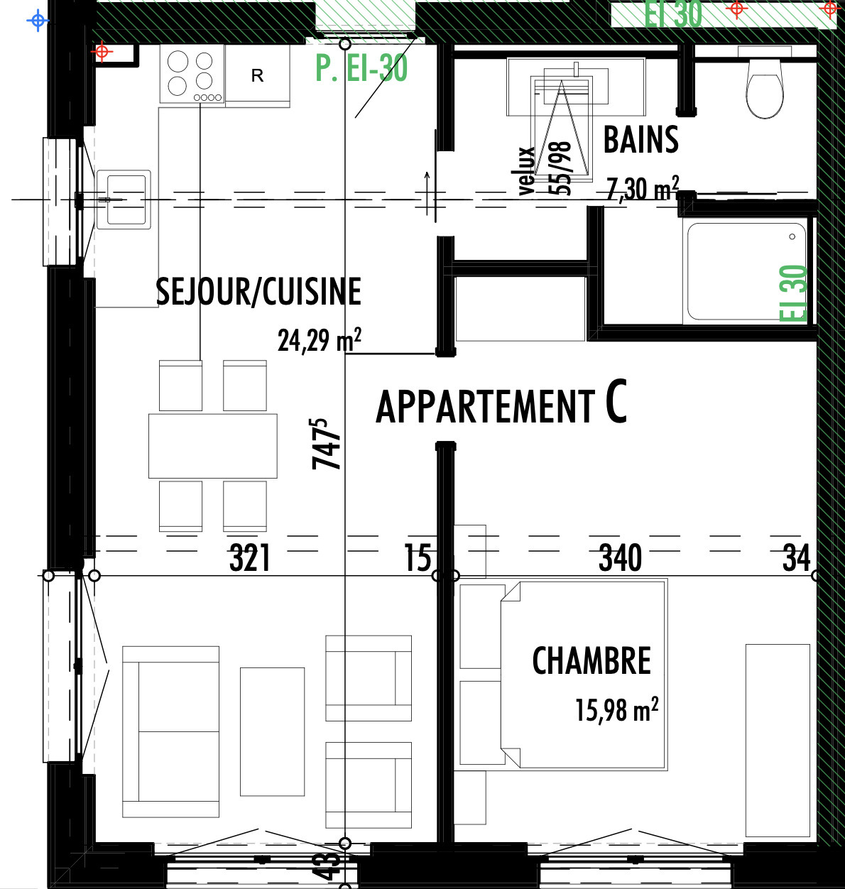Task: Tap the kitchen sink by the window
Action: point(124,200)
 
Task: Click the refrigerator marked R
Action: point(257,75)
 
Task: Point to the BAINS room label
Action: point(640,140)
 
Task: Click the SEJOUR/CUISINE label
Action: point(258,292)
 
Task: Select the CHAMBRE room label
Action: point(591,661)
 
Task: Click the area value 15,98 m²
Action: point(616,709)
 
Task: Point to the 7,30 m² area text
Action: point(642,189)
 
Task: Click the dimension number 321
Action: point(250,558)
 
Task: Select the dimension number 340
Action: point(620,558)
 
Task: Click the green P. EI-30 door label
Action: point(361,68)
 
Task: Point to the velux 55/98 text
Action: point(545,169)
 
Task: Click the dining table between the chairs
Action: point(212,446)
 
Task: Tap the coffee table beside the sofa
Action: point(272,731)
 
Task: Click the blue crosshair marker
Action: point(38,21)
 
